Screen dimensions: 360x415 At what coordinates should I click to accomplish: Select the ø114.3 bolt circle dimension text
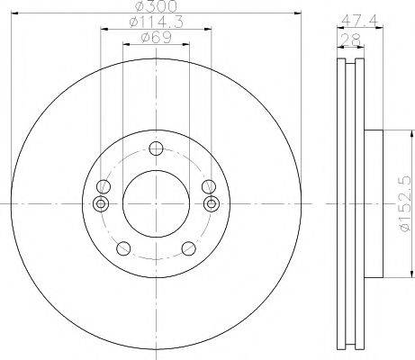tap(155, 24)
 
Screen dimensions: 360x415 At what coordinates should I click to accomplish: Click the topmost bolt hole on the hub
tap(156, 149)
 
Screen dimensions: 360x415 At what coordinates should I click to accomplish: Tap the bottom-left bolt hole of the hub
tap(125, 248)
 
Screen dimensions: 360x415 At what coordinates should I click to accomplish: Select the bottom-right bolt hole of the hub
tap(187, 248)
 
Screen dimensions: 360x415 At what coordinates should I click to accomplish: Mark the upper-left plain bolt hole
tap(105, 186)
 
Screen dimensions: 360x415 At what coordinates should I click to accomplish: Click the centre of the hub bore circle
tap(156, 202)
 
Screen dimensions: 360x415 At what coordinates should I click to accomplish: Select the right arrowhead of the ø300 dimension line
tap(296, 13)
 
